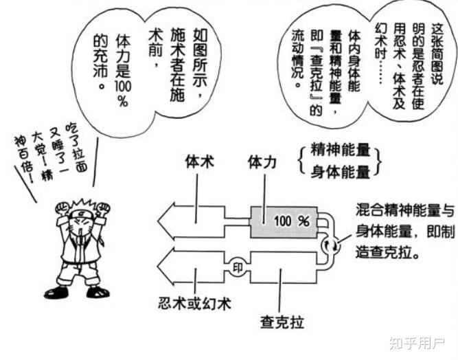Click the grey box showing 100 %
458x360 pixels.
pyautogui.click(x=282, y=221)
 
